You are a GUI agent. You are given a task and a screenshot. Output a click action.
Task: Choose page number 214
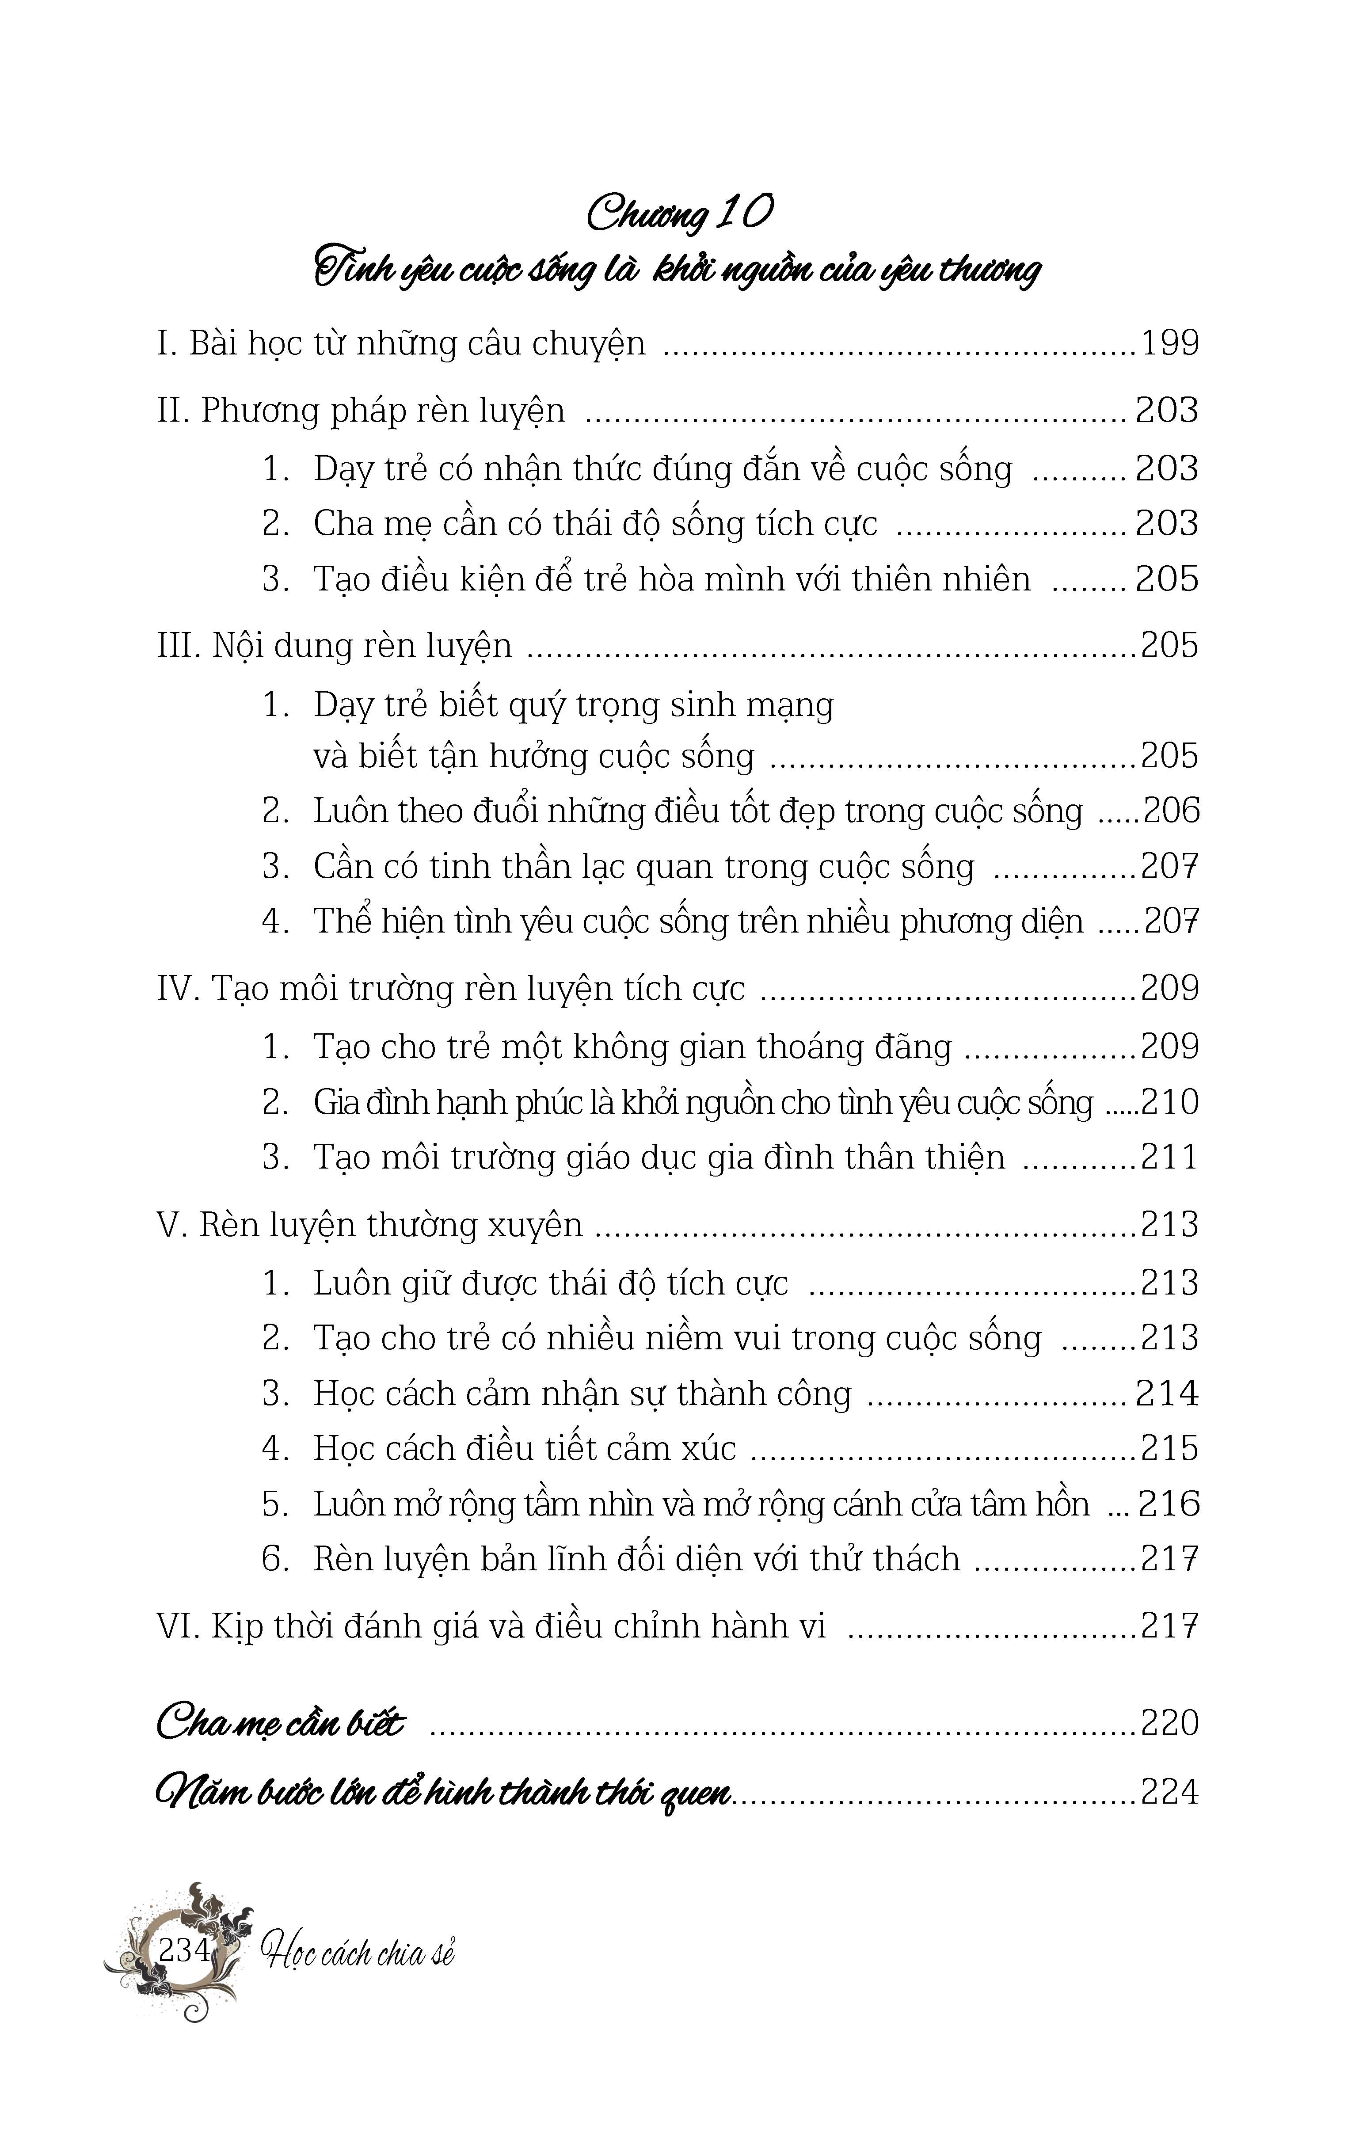pyautogui.click(x=1167, y=1394)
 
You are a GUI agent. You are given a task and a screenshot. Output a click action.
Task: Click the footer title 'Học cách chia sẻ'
pyautogui.click(x=357, y=1953)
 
